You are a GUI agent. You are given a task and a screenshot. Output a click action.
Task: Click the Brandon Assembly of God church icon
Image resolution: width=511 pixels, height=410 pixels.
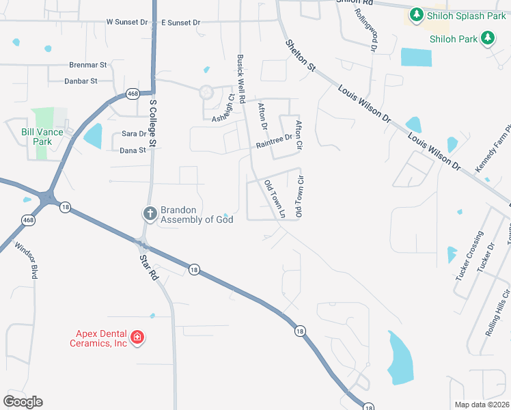click(150, 214)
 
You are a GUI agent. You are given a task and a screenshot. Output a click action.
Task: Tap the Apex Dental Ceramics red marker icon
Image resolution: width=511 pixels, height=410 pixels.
click(137, 338)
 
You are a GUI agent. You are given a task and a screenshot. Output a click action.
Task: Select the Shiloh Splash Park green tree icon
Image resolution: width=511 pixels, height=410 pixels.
click(415, 14)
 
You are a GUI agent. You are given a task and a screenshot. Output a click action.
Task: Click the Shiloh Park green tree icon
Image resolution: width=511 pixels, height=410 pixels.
click(488, 38)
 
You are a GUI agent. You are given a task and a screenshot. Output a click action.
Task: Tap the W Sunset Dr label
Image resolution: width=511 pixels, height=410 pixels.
click(127, 23)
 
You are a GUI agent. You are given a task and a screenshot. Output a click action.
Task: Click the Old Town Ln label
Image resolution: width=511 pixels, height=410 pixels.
click(274, 198)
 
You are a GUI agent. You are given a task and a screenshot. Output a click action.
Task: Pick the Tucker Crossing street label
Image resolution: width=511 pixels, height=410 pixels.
click(469, 260)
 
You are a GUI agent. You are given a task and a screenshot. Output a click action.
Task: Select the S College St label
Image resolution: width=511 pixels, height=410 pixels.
click(153, 123)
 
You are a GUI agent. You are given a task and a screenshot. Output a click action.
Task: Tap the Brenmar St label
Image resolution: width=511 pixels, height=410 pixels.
click(88, 65)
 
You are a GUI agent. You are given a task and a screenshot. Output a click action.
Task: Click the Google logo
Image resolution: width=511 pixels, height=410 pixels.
click(23, 402)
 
